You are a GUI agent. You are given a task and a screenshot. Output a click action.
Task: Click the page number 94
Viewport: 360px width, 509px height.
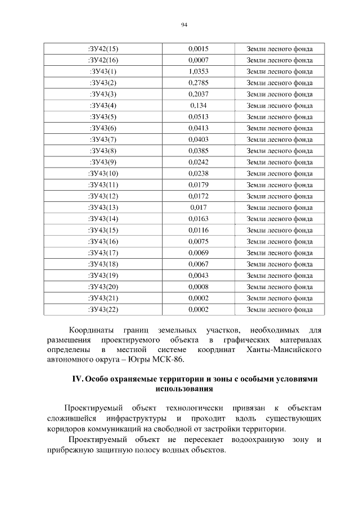[184, 25]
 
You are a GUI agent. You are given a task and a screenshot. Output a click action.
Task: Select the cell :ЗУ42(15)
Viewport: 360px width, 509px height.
[103, 49]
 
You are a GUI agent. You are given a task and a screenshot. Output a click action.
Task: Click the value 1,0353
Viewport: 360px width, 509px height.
[199, 71]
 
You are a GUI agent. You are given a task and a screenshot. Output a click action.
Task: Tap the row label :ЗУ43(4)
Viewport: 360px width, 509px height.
[103, 105]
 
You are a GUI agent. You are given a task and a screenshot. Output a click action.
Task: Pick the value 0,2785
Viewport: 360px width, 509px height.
[199, 83]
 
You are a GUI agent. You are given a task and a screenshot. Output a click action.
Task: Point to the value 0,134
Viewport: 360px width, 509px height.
[199, 105]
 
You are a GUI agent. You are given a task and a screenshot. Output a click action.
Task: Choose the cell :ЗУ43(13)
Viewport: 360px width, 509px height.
[103, 207]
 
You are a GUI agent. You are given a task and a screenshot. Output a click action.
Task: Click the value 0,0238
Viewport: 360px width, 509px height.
[199, 173]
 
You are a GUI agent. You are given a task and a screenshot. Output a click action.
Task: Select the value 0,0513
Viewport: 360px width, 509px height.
[199, 116]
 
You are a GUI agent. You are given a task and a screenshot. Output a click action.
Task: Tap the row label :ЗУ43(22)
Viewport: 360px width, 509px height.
[103, 309]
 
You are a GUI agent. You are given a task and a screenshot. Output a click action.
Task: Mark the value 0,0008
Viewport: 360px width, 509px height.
[199, 286]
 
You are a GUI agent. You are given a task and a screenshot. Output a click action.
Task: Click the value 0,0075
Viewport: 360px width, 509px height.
[199, 241]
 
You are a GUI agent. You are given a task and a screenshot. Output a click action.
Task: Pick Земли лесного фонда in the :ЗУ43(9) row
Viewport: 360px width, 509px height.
[280, 162]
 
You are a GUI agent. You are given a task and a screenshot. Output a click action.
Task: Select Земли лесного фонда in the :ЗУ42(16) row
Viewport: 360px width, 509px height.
[280, 60]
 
